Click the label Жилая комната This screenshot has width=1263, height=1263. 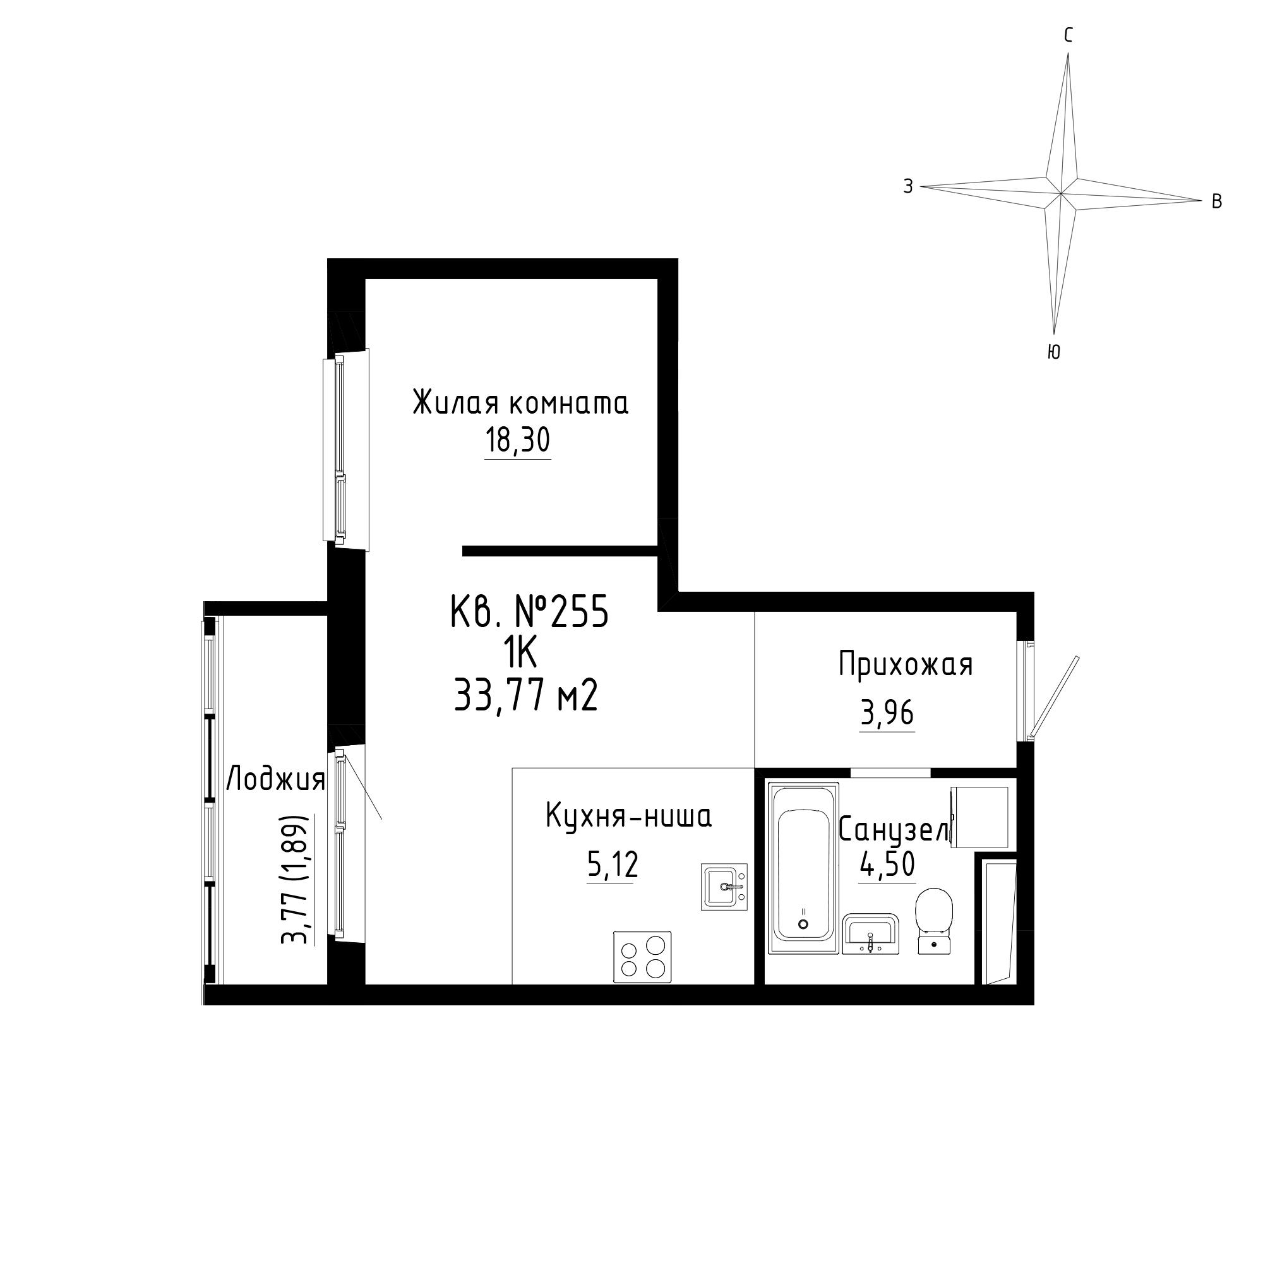[x=520, y=403]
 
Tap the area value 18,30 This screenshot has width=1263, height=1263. [x=518, y=441]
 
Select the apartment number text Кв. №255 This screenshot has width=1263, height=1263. [x=530, y=613]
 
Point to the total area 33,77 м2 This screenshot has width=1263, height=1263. [x=525, y=695]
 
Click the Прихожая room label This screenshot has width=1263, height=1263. [x=906, y=665]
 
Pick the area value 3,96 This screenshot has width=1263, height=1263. [x=887, y=713]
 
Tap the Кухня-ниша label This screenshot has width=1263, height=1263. [x=628, y=817]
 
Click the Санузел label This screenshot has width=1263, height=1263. [x=894, y=831]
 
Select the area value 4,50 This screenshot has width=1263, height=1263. [x=888, y=865]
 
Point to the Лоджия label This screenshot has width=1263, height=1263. [x=275, y=780]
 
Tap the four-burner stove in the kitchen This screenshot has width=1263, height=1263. [x=642, y=956]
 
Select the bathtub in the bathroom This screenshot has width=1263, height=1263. [x=805, y=868]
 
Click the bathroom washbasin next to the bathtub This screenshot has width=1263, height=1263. [x=871, y=933]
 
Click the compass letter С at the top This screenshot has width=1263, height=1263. [x=1068, y=36]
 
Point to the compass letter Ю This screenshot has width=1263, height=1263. [x=1053, y=352]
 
